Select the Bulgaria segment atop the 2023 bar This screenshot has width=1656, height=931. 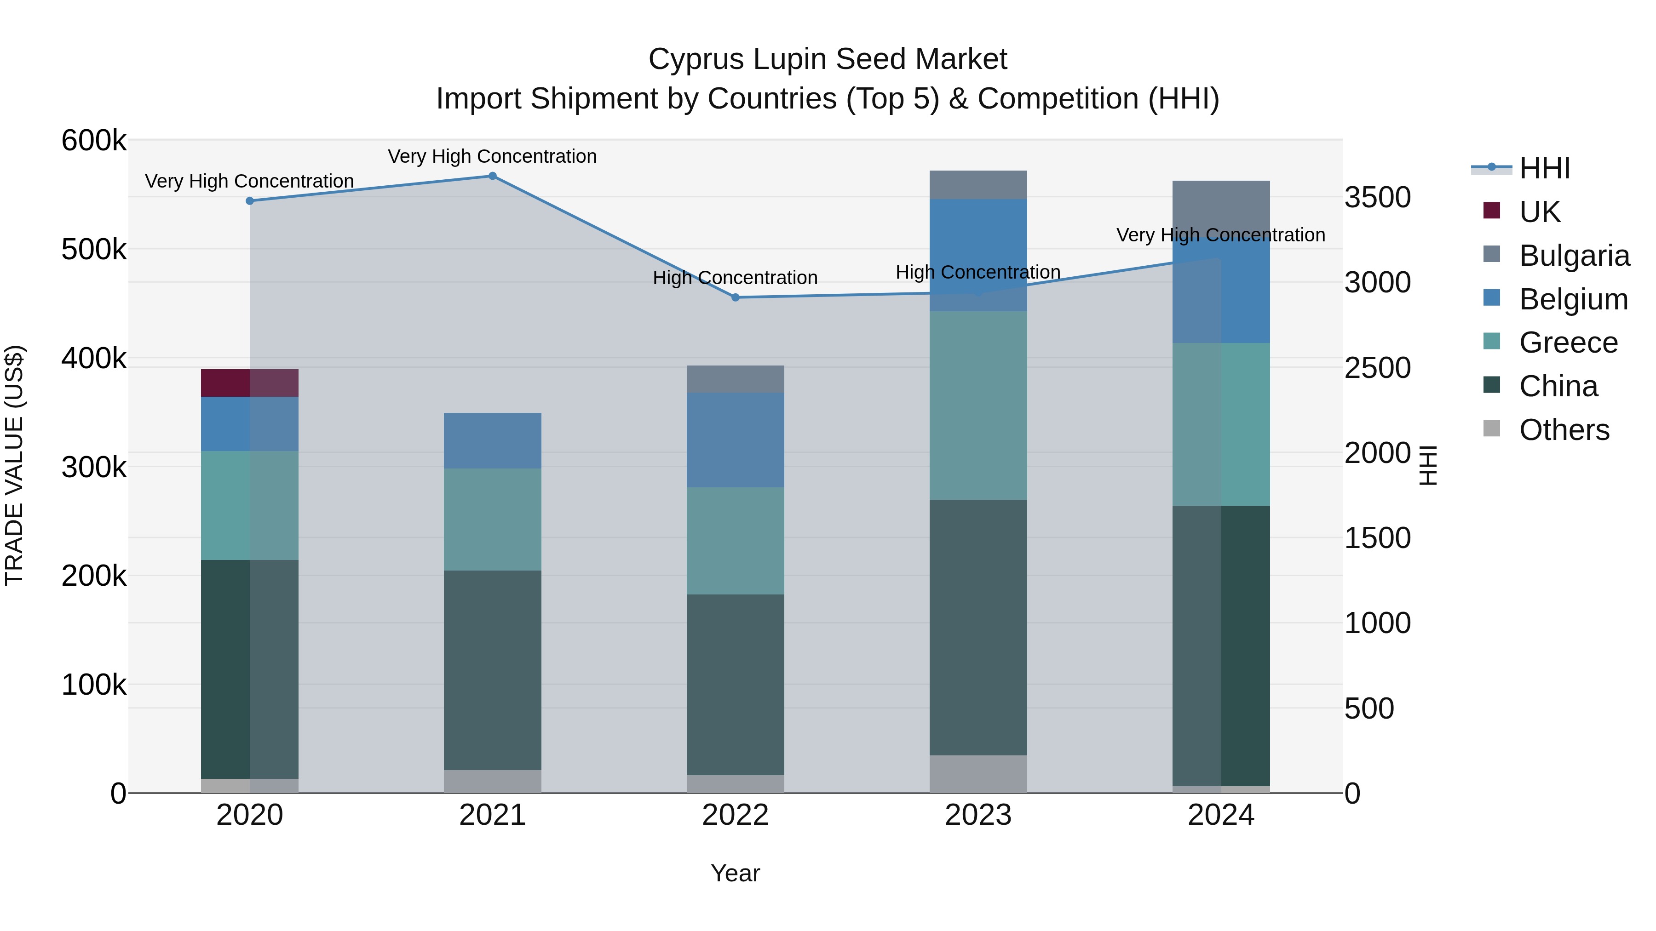tap(978, 185)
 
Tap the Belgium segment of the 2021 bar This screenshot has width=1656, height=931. tap(492, 441)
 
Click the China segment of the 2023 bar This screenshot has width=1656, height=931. tap(978, 627)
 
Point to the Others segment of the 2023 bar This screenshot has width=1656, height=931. tap(978, 774)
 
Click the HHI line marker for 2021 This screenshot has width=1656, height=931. tap(492, 176)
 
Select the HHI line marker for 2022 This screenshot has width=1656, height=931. tap(736, 297)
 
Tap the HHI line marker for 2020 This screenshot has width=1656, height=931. tap(250, 201)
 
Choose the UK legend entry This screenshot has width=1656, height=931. tap(1539, 212)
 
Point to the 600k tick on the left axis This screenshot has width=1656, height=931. tap(94, 140)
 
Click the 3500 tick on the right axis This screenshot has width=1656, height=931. tap(1377, 197)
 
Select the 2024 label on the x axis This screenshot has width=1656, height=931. tap(1221, 815)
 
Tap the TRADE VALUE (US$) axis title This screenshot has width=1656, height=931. tap(14, 465)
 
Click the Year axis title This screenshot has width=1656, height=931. tap(736, 873)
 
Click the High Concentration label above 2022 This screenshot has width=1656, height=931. tap(736, 278)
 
